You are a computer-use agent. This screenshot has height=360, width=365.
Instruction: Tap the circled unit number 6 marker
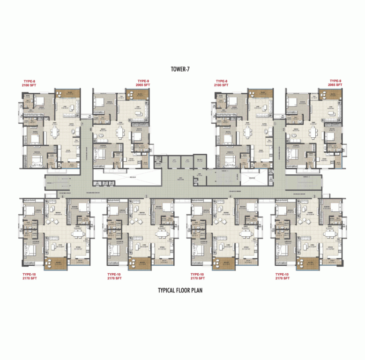pyautogui.click(x=63, y=196)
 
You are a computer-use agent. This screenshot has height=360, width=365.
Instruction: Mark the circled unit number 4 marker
pyautogui.click(x=231, y=196)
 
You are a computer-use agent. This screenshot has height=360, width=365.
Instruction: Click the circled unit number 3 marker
pyautogui.click(x=314, y=196)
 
